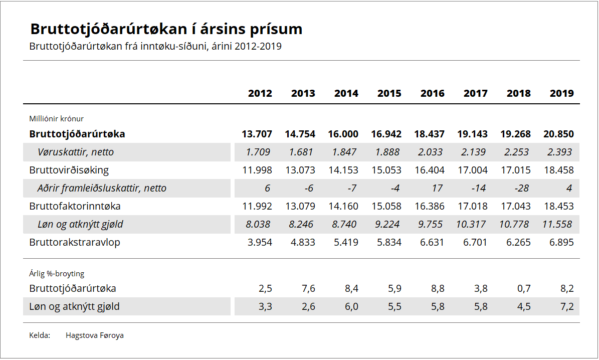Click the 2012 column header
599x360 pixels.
260,93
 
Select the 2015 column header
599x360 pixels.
389,93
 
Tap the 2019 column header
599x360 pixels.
562,93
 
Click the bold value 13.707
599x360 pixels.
257,134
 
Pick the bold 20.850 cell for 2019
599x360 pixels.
558,134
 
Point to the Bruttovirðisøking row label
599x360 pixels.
69,170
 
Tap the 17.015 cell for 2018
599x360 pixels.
515,170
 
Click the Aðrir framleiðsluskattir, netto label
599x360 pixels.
102,189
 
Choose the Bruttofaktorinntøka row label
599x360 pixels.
75,206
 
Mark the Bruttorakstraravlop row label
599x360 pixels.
75,242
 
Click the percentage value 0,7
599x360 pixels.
523,288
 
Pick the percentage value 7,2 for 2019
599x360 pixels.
566,306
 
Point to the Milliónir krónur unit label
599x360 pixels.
57,119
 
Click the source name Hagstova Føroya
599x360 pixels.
95,335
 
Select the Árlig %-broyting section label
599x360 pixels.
57,274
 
